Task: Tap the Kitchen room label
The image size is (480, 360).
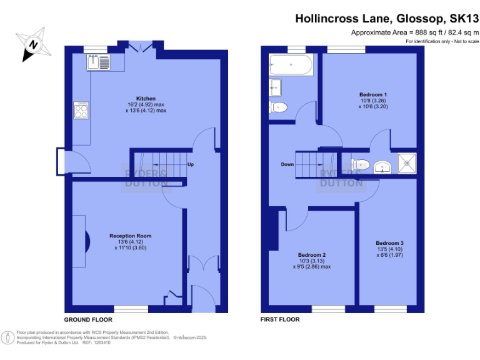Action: [146, 99]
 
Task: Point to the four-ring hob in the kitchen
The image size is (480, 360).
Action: [82, 111]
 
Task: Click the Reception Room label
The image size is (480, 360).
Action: [130, 236]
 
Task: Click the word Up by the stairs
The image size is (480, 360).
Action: [190, 164]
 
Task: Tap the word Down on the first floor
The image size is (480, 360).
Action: [287, 164]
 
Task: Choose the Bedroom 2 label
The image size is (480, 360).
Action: [312, 255]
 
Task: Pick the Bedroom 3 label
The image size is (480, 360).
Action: [389, 243]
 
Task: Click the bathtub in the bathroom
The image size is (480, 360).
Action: [291, 64]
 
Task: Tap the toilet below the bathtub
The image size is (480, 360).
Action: [279, 107]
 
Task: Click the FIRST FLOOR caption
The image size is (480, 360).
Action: [279, 319]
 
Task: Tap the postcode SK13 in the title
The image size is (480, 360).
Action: [461, 19]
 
